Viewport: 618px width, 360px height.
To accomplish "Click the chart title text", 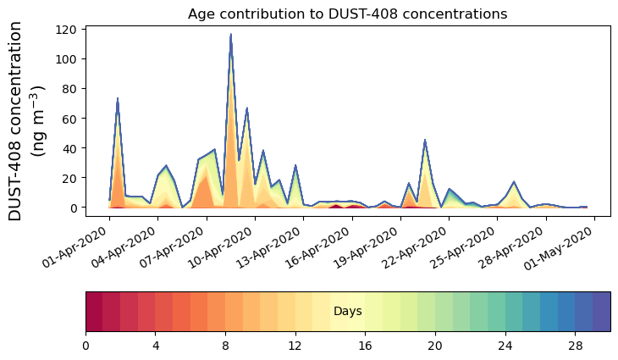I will coord(347,14).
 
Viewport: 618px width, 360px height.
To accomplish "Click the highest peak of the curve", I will coord(230,35).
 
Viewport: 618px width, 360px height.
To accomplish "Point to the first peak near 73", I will coord(118,99).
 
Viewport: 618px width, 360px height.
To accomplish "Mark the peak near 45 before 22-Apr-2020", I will coord(425,140).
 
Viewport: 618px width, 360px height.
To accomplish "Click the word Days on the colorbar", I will coord(347,312).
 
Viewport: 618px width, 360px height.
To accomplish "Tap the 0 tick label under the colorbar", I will coord(86,346).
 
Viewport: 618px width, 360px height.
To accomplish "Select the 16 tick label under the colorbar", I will coord(366,346).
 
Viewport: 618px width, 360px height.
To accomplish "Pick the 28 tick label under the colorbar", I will coord(576,346).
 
